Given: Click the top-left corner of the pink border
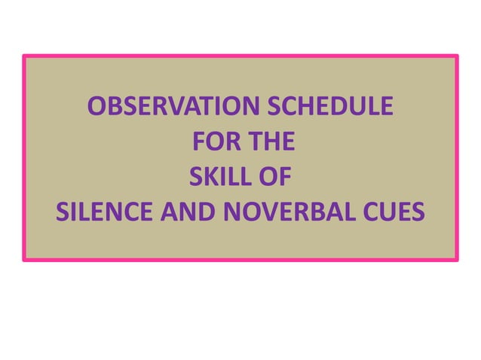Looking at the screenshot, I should click(24, 56).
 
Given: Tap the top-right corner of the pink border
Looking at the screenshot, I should click(457, 56).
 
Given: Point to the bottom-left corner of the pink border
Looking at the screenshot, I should click(24, 260).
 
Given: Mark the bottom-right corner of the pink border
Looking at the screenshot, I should click(457, 260).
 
